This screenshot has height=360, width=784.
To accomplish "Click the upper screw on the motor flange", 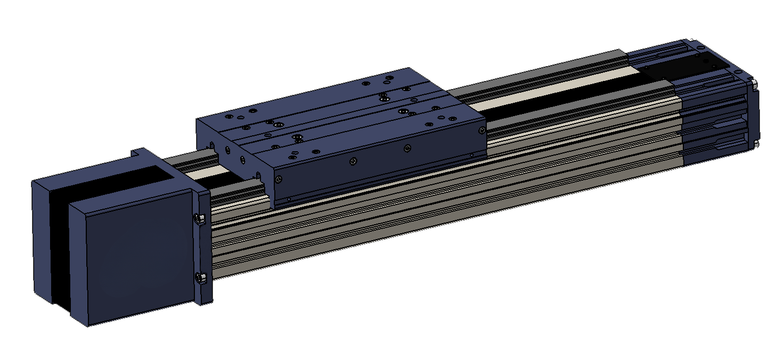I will [199, 218].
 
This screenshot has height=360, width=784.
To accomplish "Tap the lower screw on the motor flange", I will [200, 277].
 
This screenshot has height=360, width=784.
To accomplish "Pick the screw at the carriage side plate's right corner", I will [482, 130].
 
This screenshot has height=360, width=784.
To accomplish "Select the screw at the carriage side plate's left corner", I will [278, 179].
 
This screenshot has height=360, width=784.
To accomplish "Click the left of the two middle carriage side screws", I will [353, 161].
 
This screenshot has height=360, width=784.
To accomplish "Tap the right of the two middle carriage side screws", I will [407, 148].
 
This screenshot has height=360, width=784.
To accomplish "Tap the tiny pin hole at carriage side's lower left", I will [289, 199].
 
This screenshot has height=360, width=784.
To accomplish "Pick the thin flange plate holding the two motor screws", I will [205, 248].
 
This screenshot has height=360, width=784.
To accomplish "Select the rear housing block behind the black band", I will [43, 240].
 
